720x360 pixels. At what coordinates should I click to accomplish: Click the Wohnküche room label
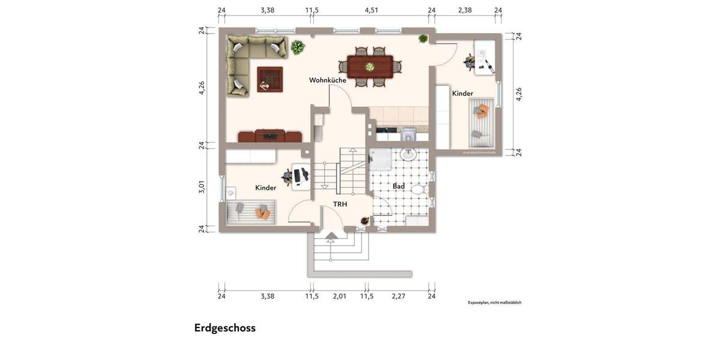click(x=328, y=80)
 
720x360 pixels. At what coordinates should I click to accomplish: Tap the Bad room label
click(x=398, y=187)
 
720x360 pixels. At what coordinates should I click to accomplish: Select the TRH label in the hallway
click(x=340, y=204)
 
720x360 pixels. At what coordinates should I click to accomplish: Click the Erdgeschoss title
click(x=225, y=328)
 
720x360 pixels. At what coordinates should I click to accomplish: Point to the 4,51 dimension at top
click(x=371, y=10)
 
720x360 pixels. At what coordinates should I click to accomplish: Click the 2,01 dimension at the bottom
click(x=340, y=296)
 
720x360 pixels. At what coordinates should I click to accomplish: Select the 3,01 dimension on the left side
click(x=202, y=187)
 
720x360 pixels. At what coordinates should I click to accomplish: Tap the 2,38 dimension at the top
click(x=464, y=10)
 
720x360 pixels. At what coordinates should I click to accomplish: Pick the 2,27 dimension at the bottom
click(x=399, y=296)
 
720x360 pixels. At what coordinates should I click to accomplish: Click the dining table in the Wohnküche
click(x=370, y=66)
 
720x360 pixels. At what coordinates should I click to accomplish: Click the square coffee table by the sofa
click(x=269, y=79)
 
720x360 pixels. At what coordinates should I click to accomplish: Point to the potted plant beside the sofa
click(x=297, y=47)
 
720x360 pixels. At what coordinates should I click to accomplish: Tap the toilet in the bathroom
click(x=418, y=190)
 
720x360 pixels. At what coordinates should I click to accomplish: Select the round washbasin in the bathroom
click(x=409, y=154)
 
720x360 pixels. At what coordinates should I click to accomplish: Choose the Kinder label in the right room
click(x=463, y=94)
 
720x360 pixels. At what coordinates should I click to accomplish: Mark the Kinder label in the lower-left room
click(x=266, y=188)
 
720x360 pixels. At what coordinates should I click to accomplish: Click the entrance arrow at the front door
click(x=331, y=236)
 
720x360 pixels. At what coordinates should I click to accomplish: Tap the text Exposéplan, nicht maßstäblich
click(x=495, y=302)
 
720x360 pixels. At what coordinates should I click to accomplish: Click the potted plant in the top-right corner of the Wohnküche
click(x=423, y=39)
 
